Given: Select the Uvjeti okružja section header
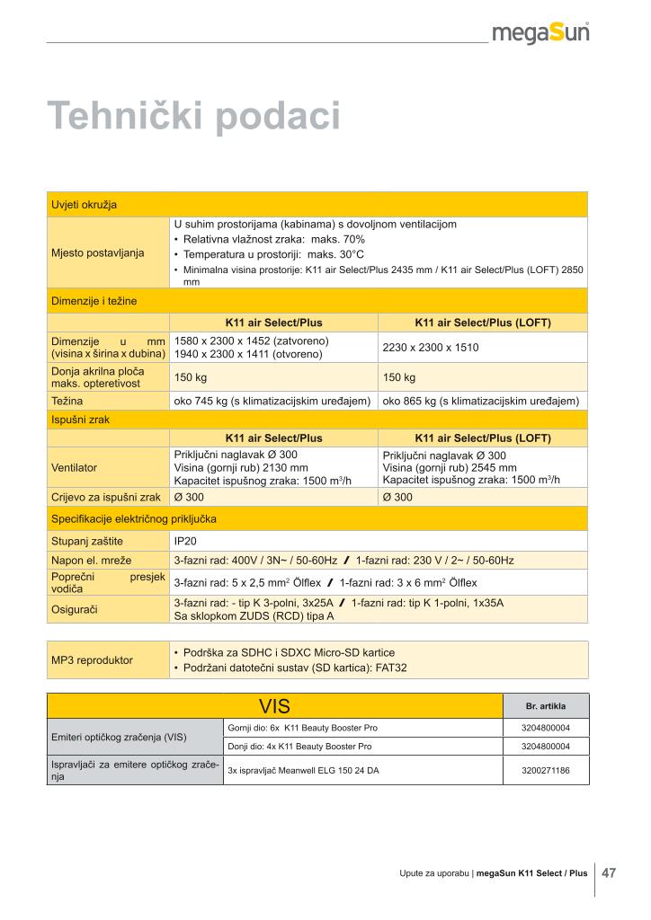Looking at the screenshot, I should (84, 204).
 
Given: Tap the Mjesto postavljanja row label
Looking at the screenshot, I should (98, 252).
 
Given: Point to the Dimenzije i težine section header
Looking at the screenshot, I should (94, 301).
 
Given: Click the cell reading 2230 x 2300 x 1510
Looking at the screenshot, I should (432, 347).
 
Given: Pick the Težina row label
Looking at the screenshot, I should (67, 401).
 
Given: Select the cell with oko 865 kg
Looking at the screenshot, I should (480, 401).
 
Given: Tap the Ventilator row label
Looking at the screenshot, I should (75, 467).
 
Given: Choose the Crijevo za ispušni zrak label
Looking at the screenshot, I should (106, 497).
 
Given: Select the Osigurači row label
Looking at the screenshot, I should (75, 609).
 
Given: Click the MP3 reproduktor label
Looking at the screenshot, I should (92, 660).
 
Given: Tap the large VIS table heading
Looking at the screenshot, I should (275, 705).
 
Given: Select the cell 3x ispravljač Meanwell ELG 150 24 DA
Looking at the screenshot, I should (303, 770).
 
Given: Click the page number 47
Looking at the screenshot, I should (609, 872).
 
